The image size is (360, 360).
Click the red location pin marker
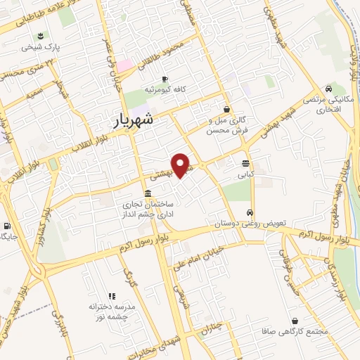coord(182,165)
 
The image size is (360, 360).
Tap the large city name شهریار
coord(143,120)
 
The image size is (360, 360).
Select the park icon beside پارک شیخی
coord(41,36)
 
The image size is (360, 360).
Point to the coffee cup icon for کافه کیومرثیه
coord(165,79)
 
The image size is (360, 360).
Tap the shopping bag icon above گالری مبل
coord(226,109)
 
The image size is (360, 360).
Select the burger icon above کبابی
coord(245,163)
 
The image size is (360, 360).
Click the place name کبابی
coord(245,173)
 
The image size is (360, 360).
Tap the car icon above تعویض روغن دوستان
coord(249,212)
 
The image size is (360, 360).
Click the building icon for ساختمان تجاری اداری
coord(147,193)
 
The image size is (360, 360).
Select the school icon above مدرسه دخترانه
coord(110,297)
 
